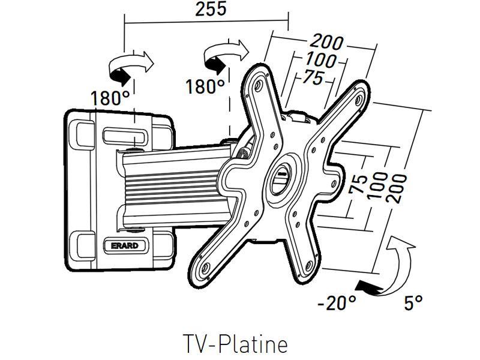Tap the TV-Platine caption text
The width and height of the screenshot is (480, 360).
(235, 344)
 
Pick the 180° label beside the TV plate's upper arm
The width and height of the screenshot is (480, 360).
(205, 86)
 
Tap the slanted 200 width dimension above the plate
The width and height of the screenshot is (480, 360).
(326, 43)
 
